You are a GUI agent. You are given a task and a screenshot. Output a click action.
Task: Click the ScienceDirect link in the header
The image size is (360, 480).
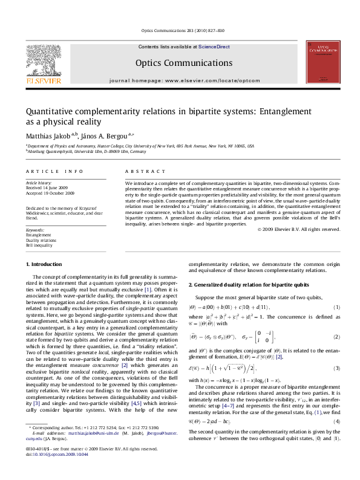point(214,47)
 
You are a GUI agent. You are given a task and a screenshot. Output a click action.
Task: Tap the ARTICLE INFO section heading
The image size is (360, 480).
point(54,172)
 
